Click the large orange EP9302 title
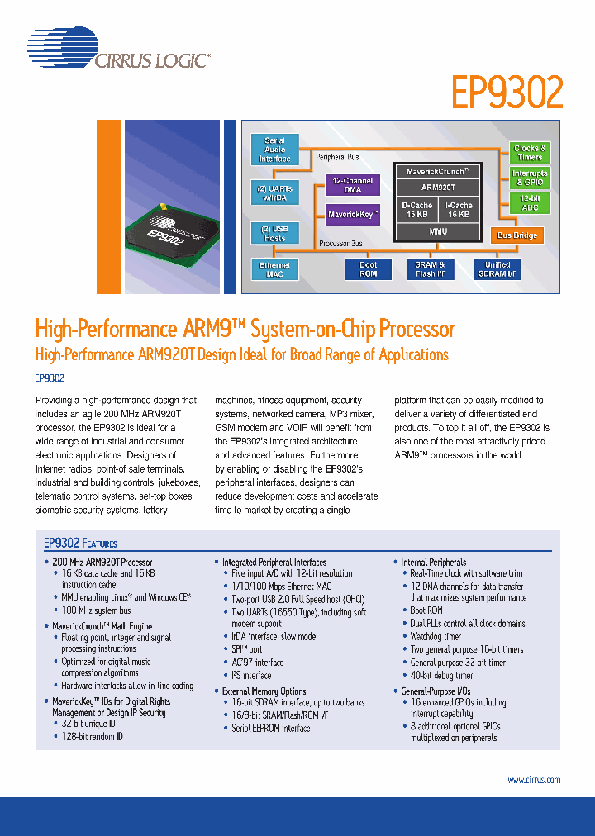(x=507, y=93)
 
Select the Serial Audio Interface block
(x=274, y=150)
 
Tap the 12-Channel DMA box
(x=352, y=184)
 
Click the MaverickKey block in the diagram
(x=353, y=215)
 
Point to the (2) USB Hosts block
(x=274, y=233)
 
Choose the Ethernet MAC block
(x=274, y=270)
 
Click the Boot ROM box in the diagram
(x=368, y=270)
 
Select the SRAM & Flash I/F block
(x=430, y=270)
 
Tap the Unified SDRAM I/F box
(x=497, y=270)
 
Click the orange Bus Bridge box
(x=517, y=235)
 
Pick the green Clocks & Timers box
(x=530, y=153)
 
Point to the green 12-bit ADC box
(x=530, y=203)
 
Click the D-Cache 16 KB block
(x=417, y=210)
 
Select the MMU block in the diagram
(x=438, y=231)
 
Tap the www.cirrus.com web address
(x=533, y=780)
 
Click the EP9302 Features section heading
(x=80, y=544)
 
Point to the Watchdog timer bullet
(x=436, y=637)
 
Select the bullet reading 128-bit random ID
(x=92, y=736)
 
